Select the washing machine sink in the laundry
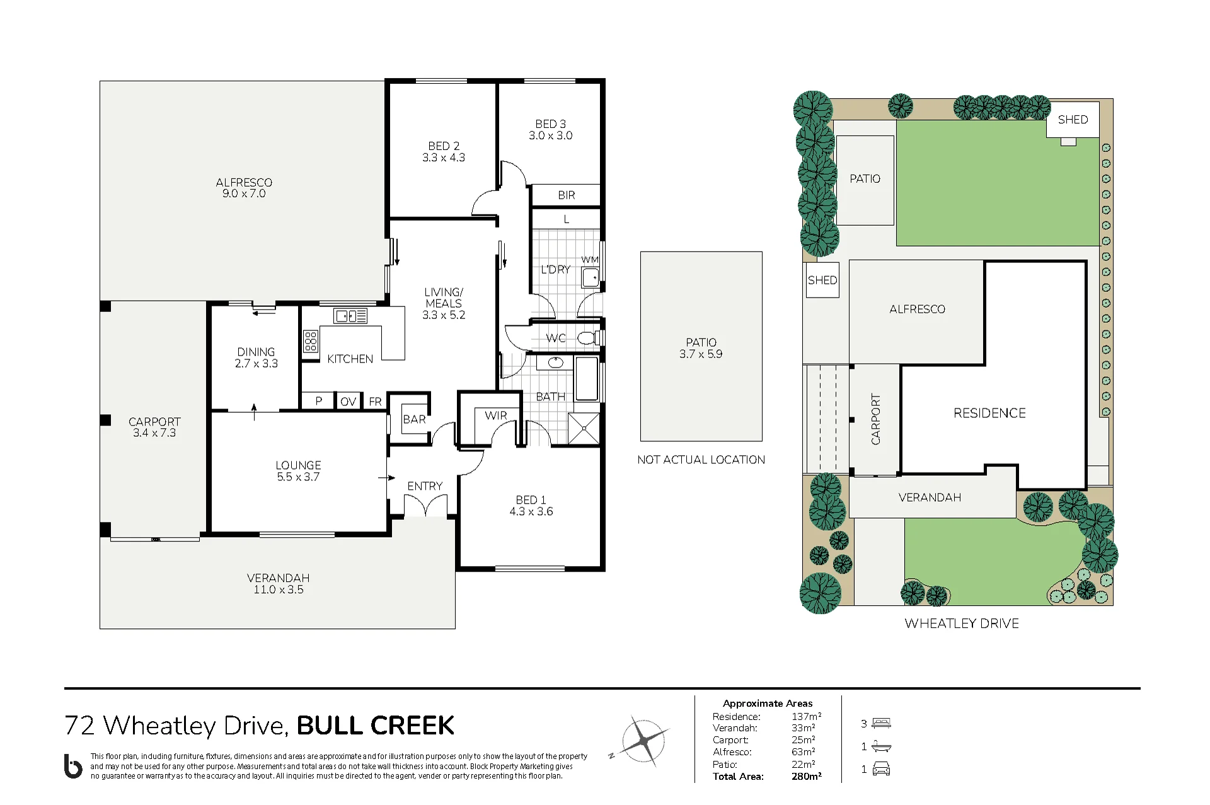pos(591,277)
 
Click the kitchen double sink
pos(350,316)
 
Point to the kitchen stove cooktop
pos(311,341)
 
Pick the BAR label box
pos(414,419)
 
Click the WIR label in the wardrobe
pos(496,415)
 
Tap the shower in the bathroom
pos(584,429)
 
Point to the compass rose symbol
pos(643,741)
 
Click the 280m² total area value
pos(807,777)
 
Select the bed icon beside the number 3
pos(881,723)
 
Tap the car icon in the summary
pos(881,769)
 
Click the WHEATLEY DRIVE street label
pos(962,623)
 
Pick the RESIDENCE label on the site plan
pos(989,413)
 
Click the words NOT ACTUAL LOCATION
pos(701,460)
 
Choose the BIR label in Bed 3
pos(567,195)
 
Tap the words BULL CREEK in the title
pos(376,726)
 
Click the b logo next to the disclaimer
pos(73,766)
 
